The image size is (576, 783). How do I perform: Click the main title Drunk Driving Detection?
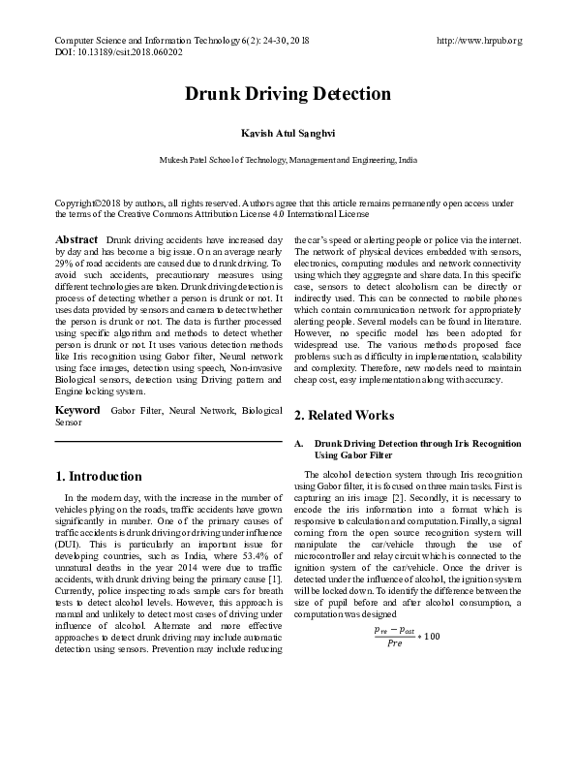[288, 95]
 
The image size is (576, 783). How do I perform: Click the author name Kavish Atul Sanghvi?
[288, 131]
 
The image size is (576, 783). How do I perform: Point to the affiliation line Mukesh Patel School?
[288, 158]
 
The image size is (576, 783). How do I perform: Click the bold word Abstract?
[76, 239]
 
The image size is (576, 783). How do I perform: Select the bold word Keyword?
[77, 411]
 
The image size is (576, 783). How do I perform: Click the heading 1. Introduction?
[99, 477]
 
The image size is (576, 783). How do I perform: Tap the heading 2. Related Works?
[344, 415]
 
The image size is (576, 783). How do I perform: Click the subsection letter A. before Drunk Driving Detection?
[299, 443]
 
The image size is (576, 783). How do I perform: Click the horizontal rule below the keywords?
[168, 443]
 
